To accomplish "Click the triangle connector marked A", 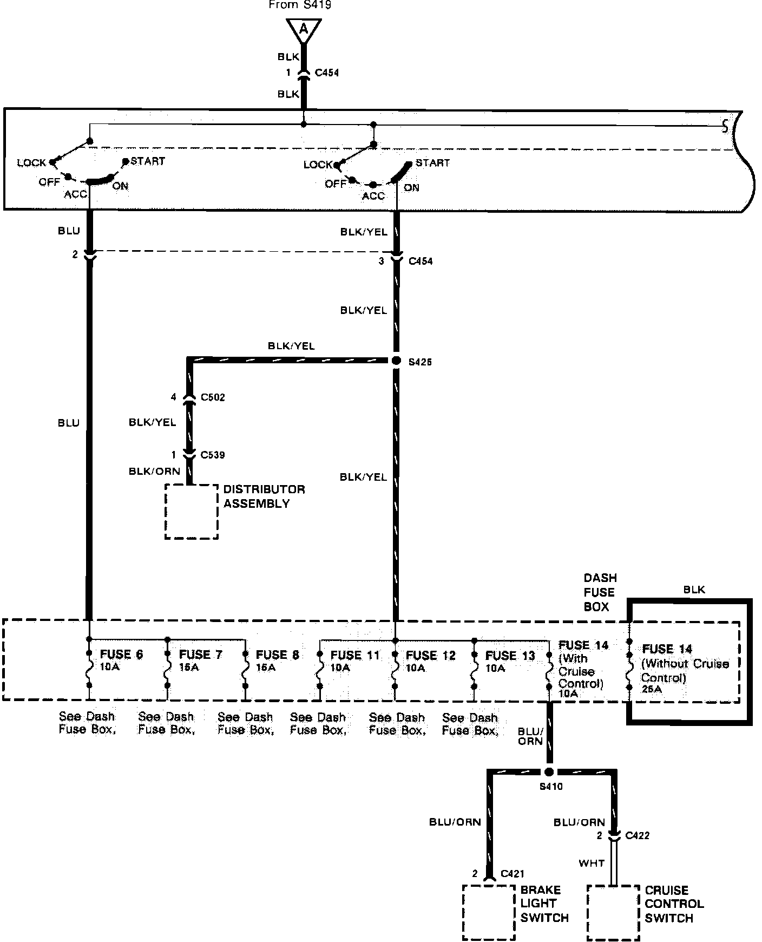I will click(x=304, y=30).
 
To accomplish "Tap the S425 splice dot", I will click(x=396, y=360).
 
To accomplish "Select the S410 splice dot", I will click(x=549, y=772).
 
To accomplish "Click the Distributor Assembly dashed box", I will click(x=192, y=511).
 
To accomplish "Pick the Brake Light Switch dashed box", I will click(x=489, y=912).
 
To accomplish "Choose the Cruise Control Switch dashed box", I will click(x=613, y=913).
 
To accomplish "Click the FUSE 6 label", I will click(x=121, y=655).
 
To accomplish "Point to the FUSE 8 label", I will click(x=277, y=655).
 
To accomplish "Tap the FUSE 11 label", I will click(x=355, y=655).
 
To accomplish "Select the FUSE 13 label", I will click(x=510, y=656).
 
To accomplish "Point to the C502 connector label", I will click(x=213, y=397).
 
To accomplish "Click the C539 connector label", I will click(x=212, y=455).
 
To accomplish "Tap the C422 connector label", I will click(x=637, y=836).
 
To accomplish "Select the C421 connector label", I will click(x=513, y=873).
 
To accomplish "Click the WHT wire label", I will click(x=591, y=863).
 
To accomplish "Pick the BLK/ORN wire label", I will click(x=154, y=471).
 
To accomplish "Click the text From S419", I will click(x=300, y=5).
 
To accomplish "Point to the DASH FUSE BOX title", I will click(x=600, y=592).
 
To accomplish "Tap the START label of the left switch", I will click(x=147, y=161).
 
